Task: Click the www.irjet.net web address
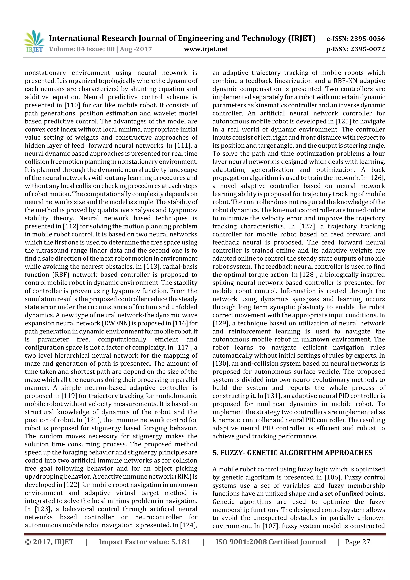point(206,49)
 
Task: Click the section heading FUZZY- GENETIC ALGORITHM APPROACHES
point(292,452)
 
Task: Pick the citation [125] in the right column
point(343,121)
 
